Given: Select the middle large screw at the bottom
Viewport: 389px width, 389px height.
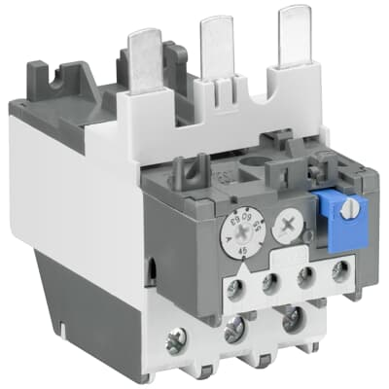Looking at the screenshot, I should [234, 332].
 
